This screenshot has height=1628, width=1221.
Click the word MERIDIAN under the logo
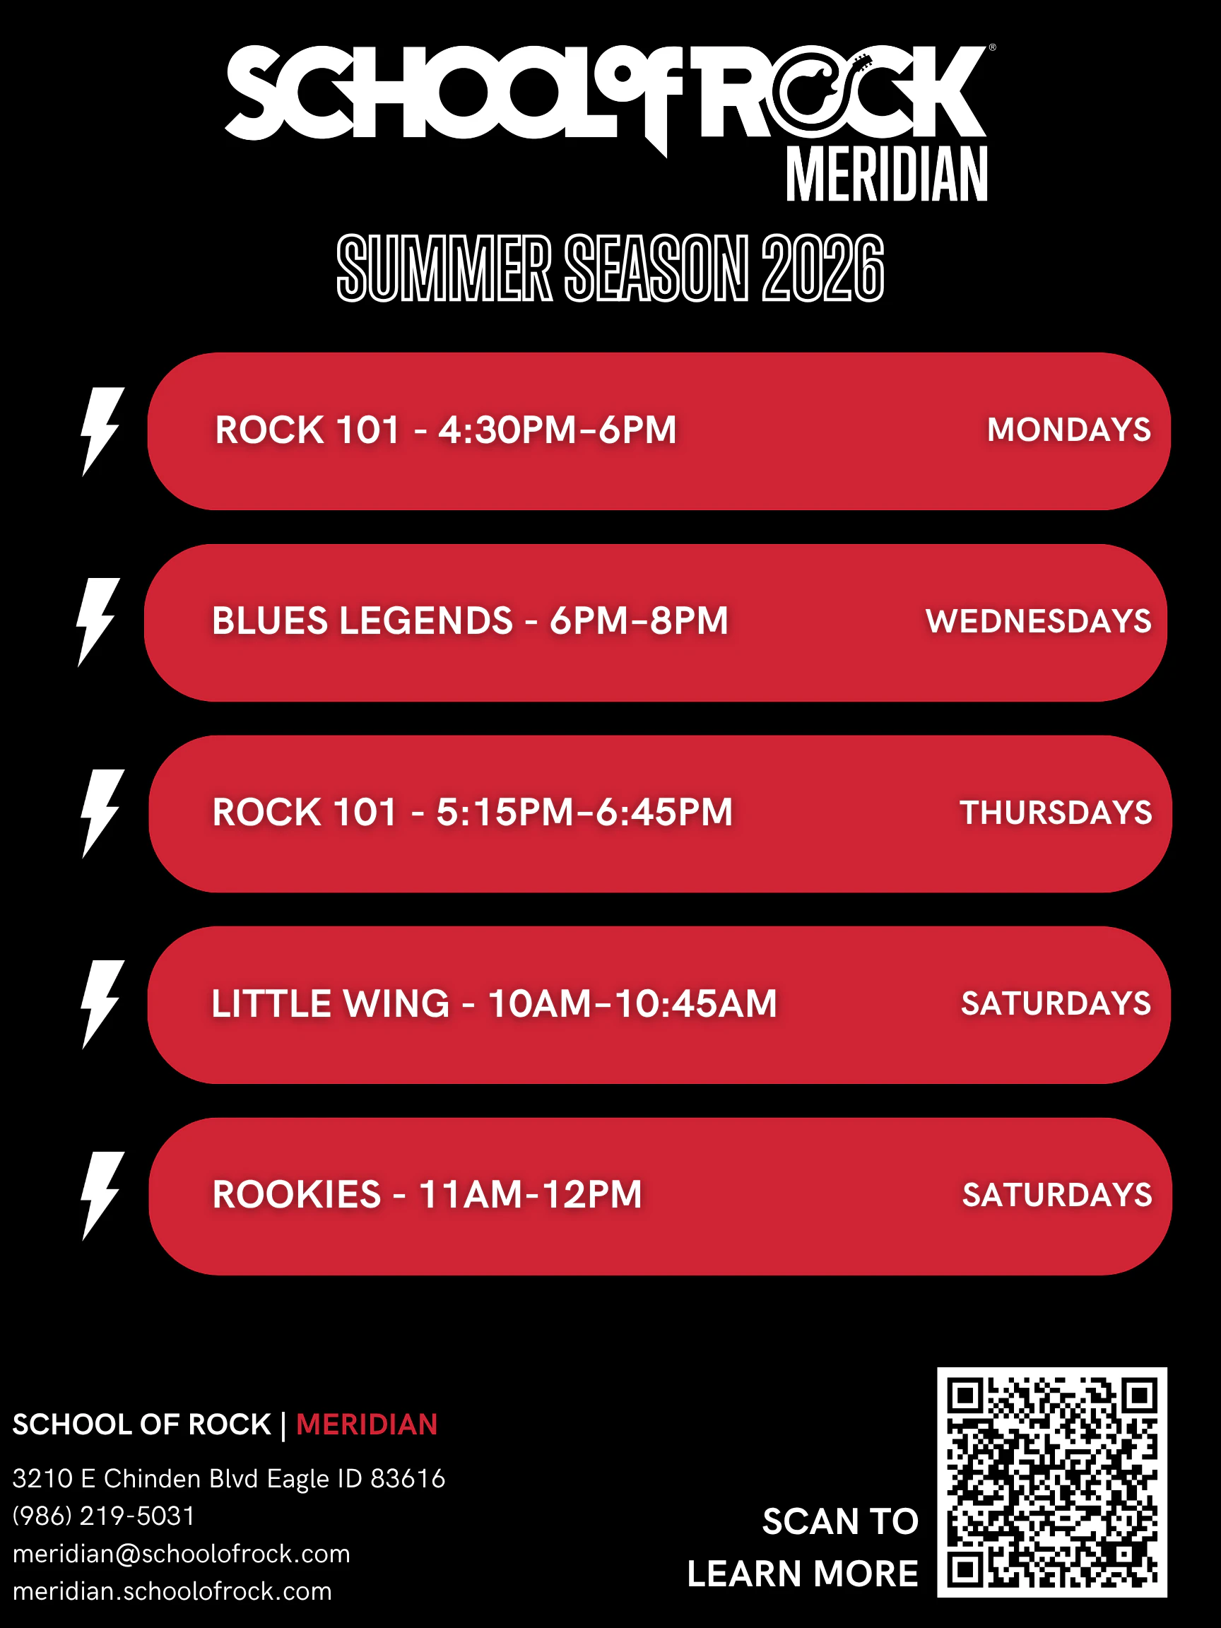click(x=887, y=175)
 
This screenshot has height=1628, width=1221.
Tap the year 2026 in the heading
click(x=822, y=269)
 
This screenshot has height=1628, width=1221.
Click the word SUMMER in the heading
click(x=444, y=269)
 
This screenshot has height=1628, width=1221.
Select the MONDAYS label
click(x=1068, y=430)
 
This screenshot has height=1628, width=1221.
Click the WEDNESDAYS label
click(x=1039, y=621)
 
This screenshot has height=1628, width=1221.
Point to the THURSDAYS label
click(x=1056, y=813)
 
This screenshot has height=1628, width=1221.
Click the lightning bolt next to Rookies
click(x=102, y=1196)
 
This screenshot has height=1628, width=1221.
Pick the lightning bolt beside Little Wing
click(x=102, y=1005)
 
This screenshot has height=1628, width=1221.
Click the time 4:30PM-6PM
click(x=557, y=430)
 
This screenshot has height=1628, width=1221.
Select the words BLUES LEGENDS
click(x=362, y=620)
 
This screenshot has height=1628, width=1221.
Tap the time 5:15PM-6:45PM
click(x=584, y=812)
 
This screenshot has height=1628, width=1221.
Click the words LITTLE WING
click(x=331, y=1003)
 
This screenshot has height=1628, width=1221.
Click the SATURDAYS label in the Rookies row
click(x=1057, y=1196)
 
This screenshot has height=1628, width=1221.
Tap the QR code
click(x=1051, y=1482)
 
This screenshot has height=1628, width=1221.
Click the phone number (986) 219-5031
click(x=104, y=1516)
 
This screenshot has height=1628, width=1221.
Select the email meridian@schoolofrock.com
click(x=181, y=1554)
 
